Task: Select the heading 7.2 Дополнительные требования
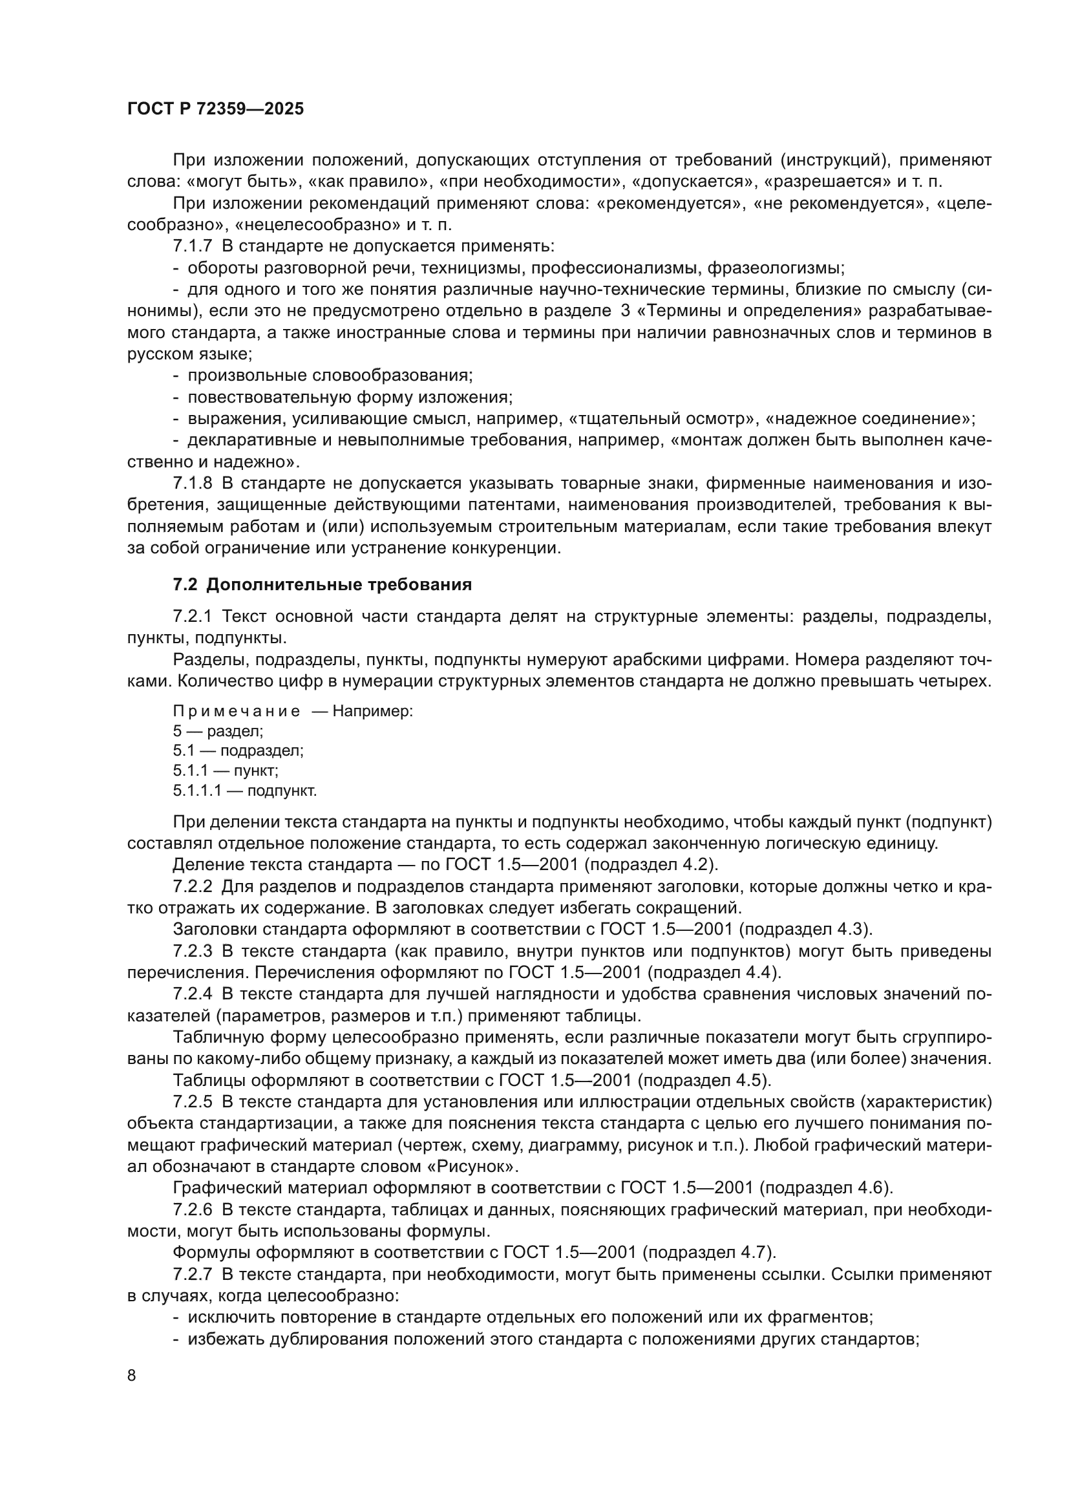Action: [x=323, y=585]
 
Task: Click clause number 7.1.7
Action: [x=192, y=246]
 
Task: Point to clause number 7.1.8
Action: [x=192, y=484]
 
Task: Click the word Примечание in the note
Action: [x=237, y=711]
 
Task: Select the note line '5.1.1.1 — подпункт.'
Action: [x=245, y=790]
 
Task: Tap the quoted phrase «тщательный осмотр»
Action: [x=665, y=419]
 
